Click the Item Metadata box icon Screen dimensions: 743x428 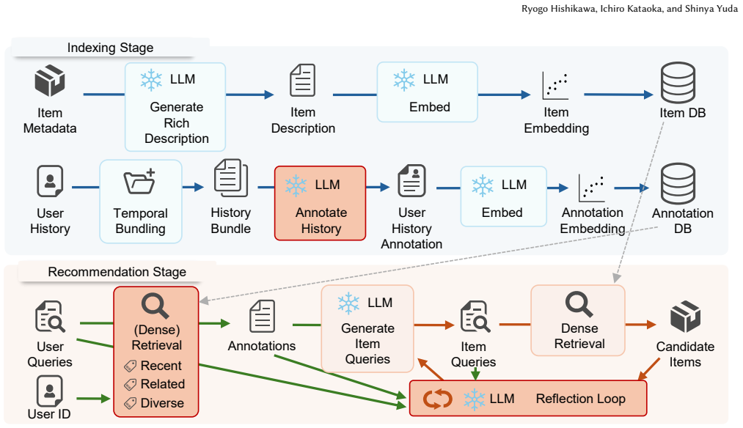pos(50,81)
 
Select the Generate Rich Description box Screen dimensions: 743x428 pos(175,107)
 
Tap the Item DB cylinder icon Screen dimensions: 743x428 pos(678,83)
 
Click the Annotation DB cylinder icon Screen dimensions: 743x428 pos(678,184)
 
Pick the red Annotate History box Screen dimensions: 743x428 pos(321,203)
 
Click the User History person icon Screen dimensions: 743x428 pos(50,181)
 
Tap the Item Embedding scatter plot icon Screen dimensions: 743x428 pos(555,86)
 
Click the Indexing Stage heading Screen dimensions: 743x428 pos(111,48)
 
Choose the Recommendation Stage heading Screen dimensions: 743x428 pos(117,272)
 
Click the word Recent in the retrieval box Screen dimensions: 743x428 pos(161,366)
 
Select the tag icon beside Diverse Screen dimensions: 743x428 pos(130,403)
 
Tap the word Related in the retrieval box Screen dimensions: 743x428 pos(163,384)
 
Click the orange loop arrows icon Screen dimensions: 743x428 pos(437,399)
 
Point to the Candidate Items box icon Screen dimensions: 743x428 pos(685,317)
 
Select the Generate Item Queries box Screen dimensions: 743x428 pos(367,329)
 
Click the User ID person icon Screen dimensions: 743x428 pos(50,391)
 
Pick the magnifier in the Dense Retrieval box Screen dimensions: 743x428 pos(579,304)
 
